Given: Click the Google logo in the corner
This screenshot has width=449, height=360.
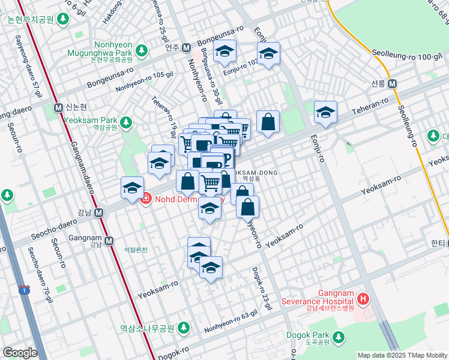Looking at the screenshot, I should click(x=20, y=352).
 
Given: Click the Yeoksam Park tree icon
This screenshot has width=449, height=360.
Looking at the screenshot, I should click(x=125, y=123).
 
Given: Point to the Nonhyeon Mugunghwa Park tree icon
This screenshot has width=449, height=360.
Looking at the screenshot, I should click(x=141, y=49).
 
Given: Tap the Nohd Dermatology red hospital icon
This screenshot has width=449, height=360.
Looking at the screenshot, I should click(x=145, y=197).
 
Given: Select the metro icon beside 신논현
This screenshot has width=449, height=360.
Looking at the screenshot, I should click(x=58, y=107).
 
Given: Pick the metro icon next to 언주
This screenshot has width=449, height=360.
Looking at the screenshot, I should click(x=187, y=47).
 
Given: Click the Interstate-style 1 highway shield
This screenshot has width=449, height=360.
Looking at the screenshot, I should click(x=24, y=290).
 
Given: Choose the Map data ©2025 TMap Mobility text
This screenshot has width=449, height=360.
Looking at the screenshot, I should click(x=402, y=355).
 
